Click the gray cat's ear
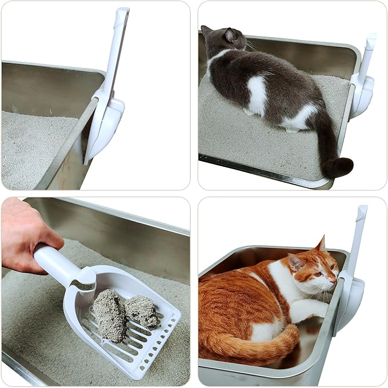coord(231,35)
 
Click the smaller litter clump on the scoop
coord(141,310)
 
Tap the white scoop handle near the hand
coord(57,263)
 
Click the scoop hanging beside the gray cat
coord(363,86)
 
